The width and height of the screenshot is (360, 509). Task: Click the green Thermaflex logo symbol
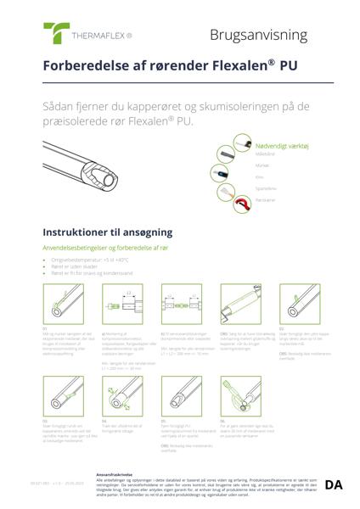pyautogui.click(x=57, y=33)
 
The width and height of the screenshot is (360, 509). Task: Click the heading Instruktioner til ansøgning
pyautogui.click(x=108, y=232)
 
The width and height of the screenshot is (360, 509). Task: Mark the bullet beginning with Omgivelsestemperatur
pyautogui.click(x=95, y=259)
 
